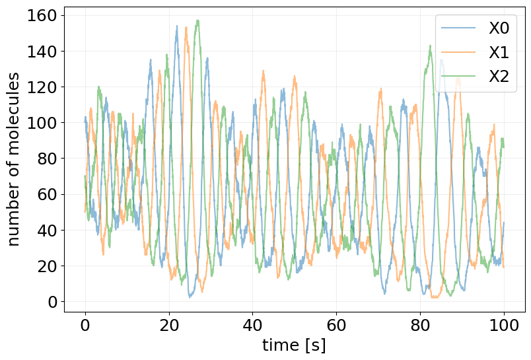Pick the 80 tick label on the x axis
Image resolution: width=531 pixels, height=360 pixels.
tap(420, 325)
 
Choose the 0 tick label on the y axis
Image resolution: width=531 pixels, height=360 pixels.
tap(53, 302)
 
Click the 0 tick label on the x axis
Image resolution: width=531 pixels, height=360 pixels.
tap(85, 325)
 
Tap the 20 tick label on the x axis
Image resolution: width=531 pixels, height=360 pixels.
tap(169, 325)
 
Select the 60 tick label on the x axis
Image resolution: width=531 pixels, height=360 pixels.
tap(336, 325)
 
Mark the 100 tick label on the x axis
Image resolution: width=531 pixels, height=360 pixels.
tap(504, 325)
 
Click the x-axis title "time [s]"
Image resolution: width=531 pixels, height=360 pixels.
tap(294, 345)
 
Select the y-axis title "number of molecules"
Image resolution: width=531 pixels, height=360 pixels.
tap(15, 159)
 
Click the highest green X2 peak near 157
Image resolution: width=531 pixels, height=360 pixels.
tap(197, 20)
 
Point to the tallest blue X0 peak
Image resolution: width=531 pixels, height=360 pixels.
tap(177, 26)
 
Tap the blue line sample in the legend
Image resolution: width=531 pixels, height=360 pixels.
tap(458, 28)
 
